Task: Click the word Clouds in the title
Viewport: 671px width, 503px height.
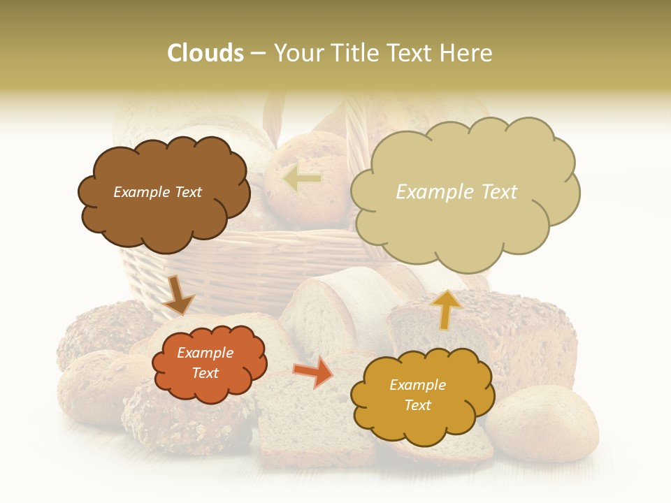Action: click(x=205, y=53)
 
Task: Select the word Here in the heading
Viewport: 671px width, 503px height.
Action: click(x=466, y=53)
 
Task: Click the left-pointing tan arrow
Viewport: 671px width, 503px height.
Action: click(x=302, y=179)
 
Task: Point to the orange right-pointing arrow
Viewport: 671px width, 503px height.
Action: click(x=314, y=372)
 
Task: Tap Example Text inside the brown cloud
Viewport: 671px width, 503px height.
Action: click(x=158, y=192)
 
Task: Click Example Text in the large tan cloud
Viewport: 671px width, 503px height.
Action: click(x=456, y=192)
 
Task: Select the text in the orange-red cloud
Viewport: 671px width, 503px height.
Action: click(x=205, y=363)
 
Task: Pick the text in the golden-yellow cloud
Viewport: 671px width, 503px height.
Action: click(x=417, y=395)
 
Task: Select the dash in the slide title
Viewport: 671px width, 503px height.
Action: click(x=259, y=54)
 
